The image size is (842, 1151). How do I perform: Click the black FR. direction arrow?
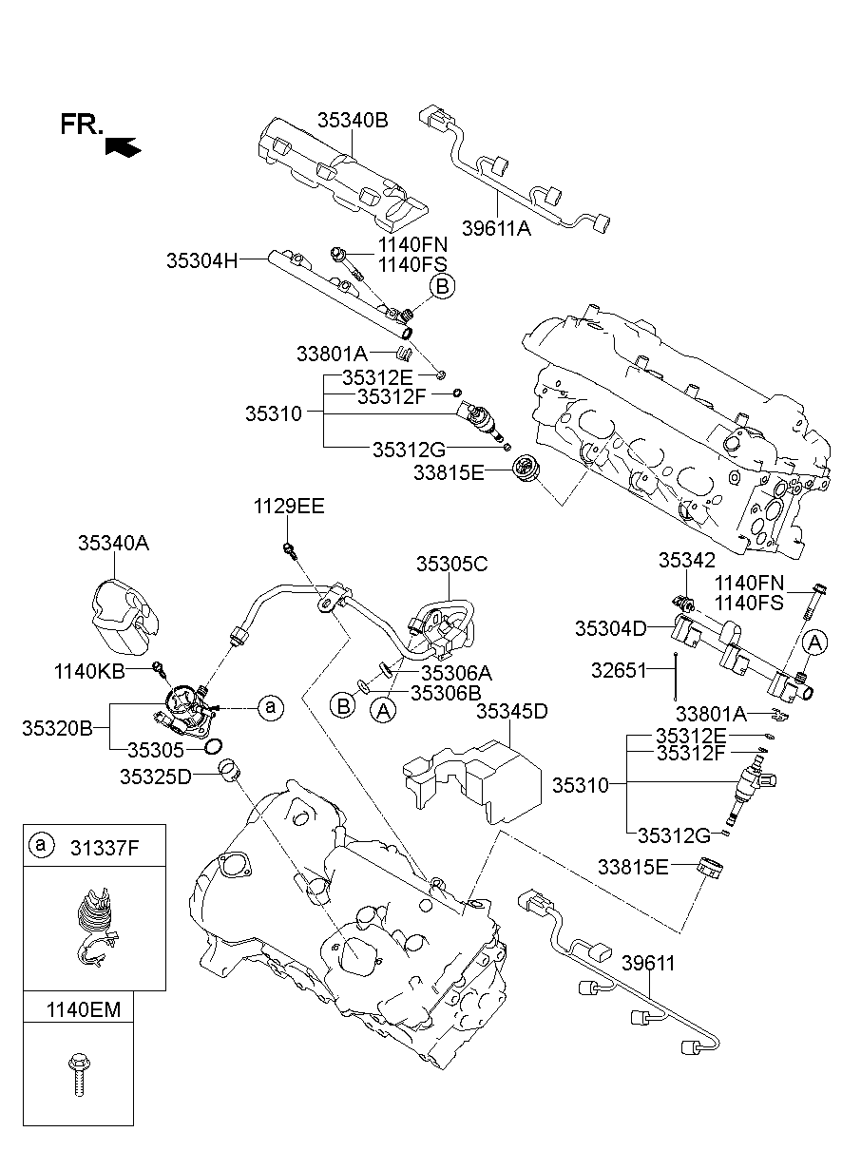(124, 146)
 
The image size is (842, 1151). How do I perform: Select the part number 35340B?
(353, 120)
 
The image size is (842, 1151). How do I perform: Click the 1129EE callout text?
(288, 506)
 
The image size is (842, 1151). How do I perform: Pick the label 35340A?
(113, 543)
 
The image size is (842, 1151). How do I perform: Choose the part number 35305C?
(451, 564)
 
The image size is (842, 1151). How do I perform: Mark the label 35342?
(687, 561)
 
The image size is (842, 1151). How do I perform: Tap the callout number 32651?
(619, 669)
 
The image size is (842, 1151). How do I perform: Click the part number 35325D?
(155, 777)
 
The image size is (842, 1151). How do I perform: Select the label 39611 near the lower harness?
(648, 963)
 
